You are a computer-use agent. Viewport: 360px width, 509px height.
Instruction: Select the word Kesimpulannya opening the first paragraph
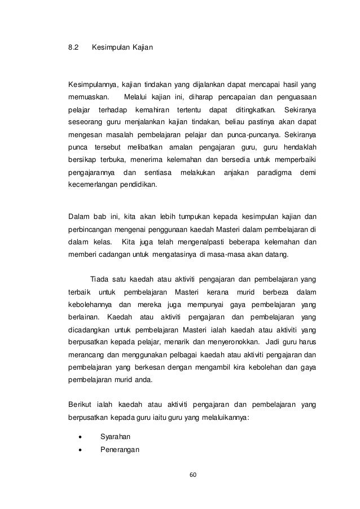click(94, 85)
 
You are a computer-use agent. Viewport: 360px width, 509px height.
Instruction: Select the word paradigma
click(274, 172)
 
